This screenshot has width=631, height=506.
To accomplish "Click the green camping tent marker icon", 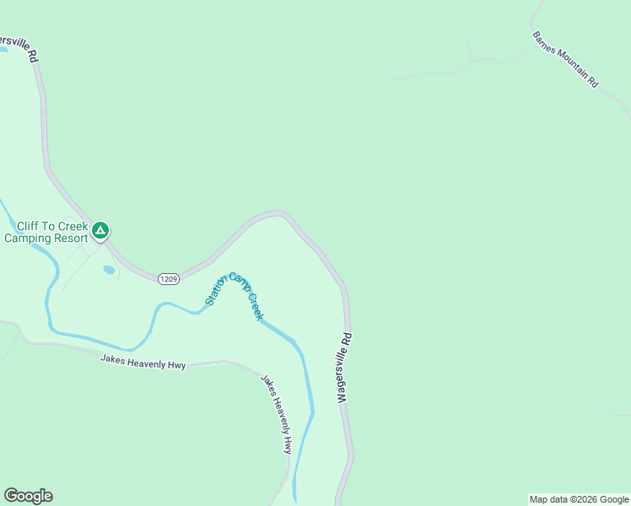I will click(x=100, y=229).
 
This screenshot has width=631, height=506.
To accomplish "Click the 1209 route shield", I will click(x=167, y=278).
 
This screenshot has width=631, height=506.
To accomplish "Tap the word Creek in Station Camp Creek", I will click(x=255, y=305).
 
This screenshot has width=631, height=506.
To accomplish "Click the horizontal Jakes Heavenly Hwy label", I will click(x=143, y=361).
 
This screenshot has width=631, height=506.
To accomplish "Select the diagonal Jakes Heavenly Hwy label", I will click(x=277, y=413).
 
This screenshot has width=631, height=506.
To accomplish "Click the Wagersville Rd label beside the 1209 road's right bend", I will click(x=345, y=368).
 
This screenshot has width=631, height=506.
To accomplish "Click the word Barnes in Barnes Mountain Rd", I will click(x=545, y=45).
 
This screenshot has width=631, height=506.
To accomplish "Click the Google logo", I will click(x=28, y=496).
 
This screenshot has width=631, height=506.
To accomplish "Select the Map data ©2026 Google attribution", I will click(x=579, y=499).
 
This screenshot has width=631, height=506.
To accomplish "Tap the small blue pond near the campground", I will click(x=109, y=271).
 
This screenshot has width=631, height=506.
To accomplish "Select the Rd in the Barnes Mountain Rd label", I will click(x=593, y=83).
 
